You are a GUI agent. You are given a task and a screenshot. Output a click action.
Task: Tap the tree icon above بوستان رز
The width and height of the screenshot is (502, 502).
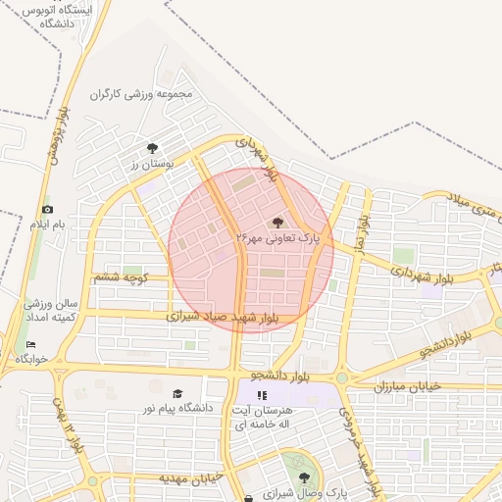[152, 148]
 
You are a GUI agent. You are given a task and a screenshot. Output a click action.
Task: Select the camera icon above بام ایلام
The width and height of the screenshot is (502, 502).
[47, 210]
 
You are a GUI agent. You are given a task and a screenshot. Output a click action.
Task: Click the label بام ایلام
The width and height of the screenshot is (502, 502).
[45, 226]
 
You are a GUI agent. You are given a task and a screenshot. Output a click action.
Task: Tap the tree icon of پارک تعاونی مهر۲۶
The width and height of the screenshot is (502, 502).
[277, 222]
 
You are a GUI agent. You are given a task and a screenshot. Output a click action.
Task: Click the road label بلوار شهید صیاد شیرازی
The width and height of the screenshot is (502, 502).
[223, 318]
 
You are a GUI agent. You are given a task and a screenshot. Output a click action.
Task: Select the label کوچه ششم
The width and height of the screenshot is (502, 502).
[121, 278]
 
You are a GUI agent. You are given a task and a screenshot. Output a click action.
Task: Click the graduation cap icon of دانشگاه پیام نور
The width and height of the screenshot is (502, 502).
[177, 392]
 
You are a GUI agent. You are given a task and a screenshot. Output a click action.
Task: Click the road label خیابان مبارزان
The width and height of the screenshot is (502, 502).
[408, 386]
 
